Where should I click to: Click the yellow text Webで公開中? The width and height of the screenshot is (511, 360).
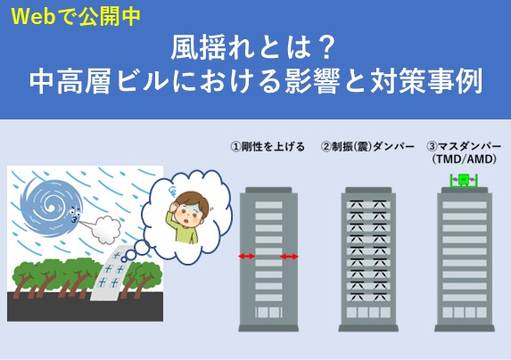[x=76, y=16]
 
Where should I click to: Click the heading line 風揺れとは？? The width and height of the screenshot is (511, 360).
[x=253, y=50]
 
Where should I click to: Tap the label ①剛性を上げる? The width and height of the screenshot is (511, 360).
[x=268, y=146]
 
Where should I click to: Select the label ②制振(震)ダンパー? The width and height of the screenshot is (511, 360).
[x=367, y=146]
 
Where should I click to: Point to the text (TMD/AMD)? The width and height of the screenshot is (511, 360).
[x=464, y=160]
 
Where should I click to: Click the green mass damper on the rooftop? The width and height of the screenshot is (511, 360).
[x=464, y=181]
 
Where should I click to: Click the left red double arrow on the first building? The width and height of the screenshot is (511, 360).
[x=247, y=256]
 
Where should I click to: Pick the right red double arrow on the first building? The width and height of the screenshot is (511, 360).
[x=289, y=257]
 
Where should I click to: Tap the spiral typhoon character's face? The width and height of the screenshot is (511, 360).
[x=74, y=216]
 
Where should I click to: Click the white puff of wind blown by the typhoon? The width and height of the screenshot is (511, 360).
[x=105, y=229]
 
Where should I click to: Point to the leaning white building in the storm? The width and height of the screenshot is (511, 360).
[x=111, y=273]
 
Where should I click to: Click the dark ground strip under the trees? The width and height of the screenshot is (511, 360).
[x=85, y=307]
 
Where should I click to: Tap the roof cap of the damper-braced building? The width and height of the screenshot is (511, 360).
[x=368, y=190]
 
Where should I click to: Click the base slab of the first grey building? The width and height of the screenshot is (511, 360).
[x=268, y=328]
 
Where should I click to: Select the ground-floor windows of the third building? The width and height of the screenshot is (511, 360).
[x=465, y=313]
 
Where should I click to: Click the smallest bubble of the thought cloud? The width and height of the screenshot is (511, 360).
[x=124, y=259]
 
